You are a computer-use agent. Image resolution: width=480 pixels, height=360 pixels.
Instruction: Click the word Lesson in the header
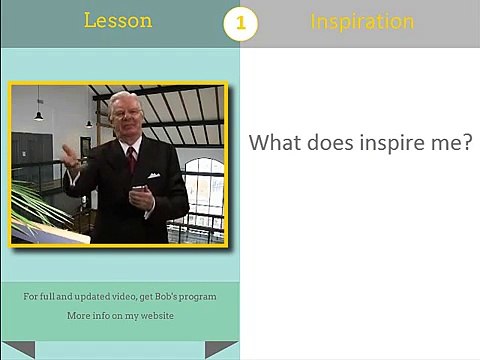[x=118, y=20]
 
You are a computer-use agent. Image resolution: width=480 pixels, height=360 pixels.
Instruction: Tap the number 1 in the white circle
[x=241, y=23]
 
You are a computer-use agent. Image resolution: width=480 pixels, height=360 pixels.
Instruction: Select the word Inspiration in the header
[x=362, y=22]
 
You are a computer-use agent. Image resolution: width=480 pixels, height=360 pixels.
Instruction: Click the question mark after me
[x=468, y=143]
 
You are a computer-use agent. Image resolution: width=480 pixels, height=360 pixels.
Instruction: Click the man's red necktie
[x=132, y=159]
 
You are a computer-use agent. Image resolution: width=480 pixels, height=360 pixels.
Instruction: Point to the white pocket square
[x=154, y=175]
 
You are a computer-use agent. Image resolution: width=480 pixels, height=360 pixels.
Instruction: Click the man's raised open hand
[x=71, y=157]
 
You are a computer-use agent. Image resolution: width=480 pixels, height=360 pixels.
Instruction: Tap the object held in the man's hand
[x=139, y=189]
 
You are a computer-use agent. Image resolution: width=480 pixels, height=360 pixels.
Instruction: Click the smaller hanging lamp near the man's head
[x=89, y=124]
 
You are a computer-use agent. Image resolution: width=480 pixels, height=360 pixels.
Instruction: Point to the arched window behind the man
[x=203, y=190]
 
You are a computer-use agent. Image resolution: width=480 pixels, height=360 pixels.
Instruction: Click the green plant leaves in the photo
[x=37, y=208]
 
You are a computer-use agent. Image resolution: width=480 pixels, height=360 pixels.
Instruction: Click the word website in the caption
[x=157, y=315]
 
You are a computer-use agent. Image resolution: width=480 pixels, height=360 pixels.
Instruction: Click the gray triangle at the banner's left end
[x=19, y=348]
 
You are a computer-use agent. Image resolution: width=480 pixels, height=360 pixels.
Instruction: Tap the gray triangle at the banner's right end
[x=220, y=348]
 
